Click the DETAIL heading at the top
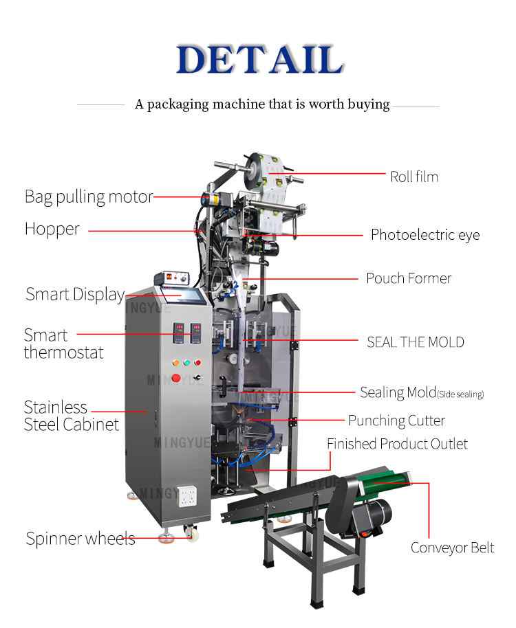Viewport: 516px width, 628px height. [x=259, y=60]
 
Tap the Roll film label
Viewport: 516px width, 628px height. [x=413, y=177]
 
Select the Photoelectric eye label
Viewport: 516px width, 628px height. [x=424, y=235]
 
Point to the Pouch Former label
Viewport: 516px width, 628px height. [x=408, y=278]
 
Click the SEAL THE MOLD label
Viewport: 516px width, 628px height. [x=415, y=341]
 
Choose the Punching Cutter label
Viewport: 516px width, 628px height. [x=396, y=420]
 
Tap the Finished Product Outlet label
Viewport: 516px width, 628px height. [x=397, y=444]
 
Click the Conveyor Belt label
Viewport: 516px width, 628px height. [x=452, y=548]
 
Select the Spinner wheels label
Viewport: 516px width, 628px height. [x=80, y=539]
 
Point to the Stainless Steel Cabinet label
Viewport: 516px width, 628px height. [x=71, y=416]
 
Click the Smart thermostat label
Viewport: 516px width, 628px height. [x=63, y=344]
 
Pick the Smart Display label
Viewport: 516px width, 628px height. [x=74, y=295]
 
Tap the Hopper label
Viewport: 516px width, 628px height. [x=52, y=229]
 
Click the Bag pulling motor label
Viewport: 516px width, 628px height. [x=88, y=197]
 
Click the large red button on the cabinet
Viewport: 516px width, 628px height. [x=176, y=378]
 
